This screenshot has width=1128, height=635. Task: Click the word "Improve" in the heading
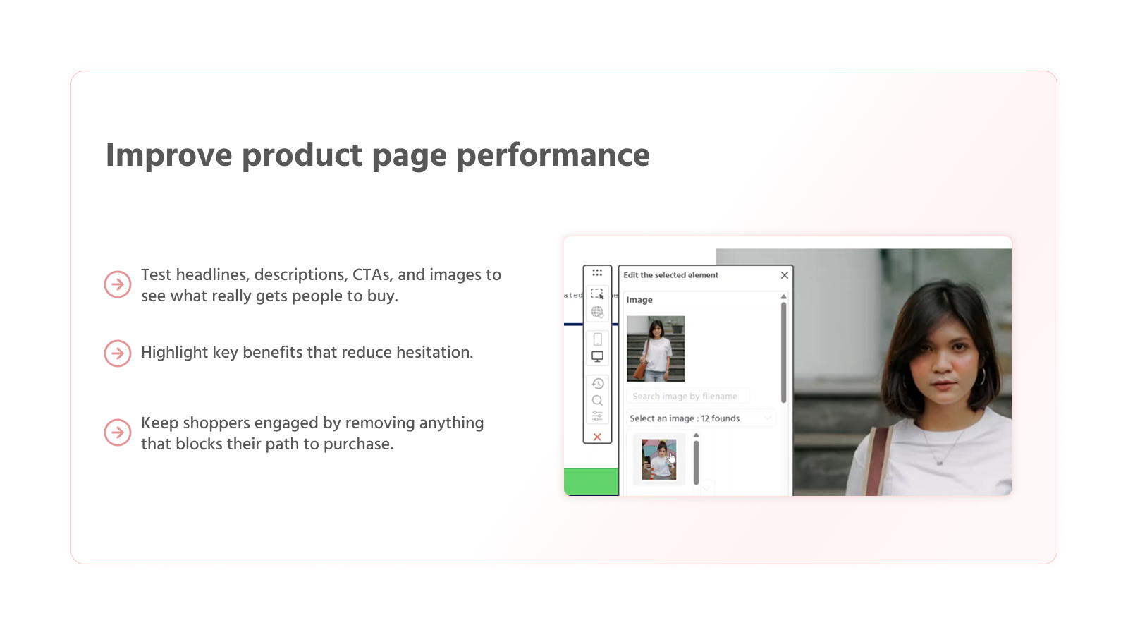coord(168,156)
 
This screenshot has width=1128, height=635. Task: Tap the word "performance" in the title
coord(553,156)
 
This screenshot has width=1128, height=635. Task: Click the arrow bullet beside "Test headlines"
coord(118,284)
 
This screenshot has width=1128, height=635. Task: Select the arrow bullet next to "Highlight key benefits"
coord(118,353)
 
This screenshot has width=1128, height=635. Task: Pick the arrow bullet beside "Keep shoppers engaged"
coord(118,433)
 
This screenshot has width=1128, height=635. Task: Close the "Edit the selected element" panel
coord(784,275)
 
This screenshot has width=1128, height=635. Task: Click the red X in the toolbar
coord(597,437)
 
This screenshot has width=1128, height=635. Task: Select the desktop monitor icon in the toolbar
coord(597,357)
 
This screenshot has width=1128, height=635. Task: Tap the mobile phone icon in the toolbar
coord(597,339)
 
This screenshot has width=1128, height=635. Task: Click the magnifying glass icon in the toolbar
coord(597,400)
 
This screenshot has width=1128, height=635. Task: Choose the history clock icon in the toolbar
coord(597,384)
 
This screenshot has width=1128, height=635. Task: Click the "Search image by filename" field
coord(687,397)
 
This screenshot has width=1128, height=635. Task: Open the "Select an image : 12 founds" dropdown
coord(701,418)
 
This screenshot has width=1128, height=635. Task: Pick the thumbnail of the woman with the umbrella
coord(659,460)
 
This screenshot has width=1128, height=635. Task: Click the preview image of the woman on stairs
coord(656,349)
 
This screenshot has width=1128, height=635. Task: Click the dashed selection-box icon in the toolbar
coord(597,294)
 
